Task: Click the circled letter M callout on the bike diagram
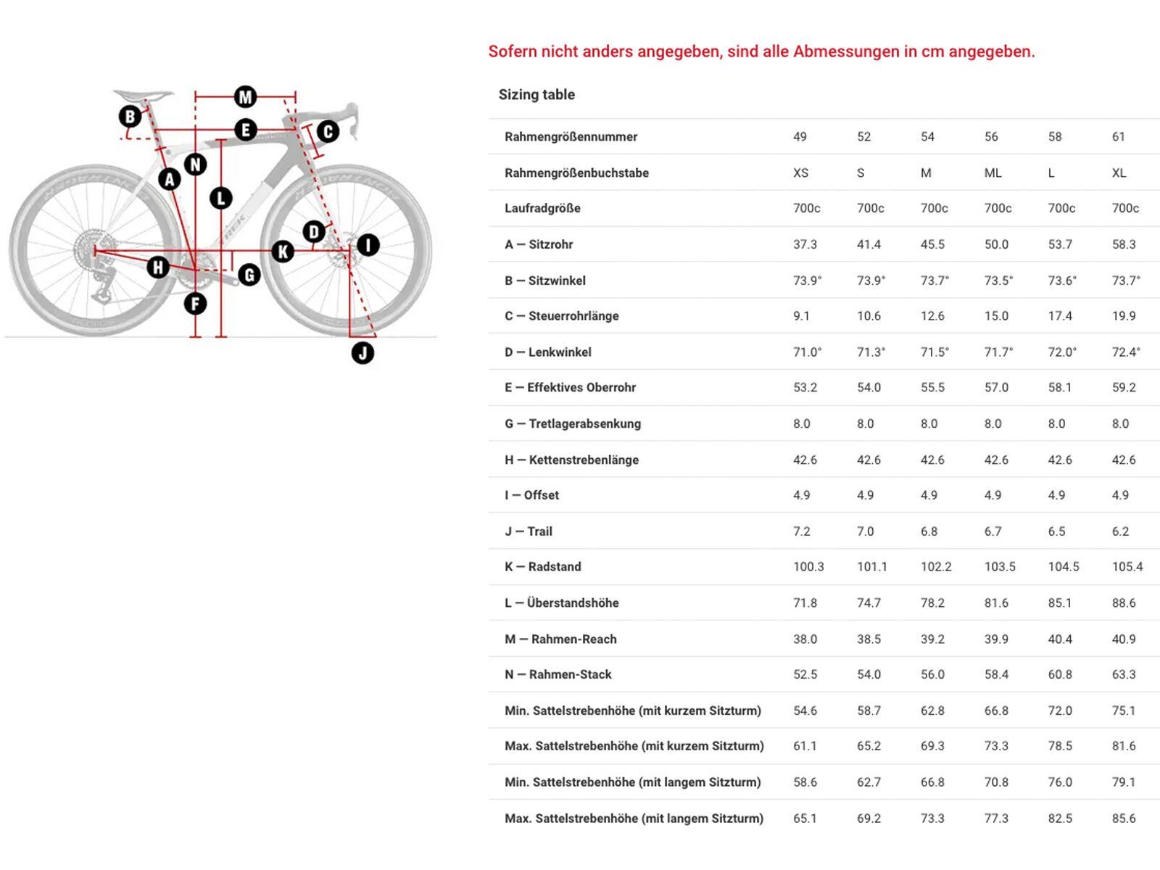tap(245, 96)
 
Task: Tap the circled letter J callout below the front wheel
tap(362, 353)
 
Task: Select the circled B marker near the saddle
tap(130, 116)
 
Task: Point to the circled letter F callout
tap(195, 303)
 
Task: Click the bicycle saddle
tap(143, 94)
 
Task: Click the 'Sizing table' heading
tap(536, 94)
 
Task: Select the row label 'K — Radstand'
tap(543, 567)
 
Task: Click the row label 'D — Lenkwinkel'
tap(548, 352)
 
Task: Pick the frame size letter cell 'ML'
tap(993, 173)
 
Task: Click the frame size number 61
tap(1119, 137)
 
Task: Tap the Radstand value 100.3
tap(808, 567)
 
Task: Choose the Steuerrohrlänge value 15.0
tap(996, 316)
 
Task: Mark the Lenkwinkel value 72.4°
tap(1126, 352)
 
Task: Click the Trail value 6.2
tap(1120, 531)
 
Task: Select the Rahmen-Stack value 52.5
tap(805, 674)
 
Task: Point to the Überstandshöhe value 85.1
tap(1060, 603)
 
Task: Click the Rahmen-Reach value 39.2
tap(932, 639)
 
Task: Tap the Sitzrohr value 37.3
tap(805, 244)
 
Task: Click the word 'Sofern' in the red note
tap(513, 51)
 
